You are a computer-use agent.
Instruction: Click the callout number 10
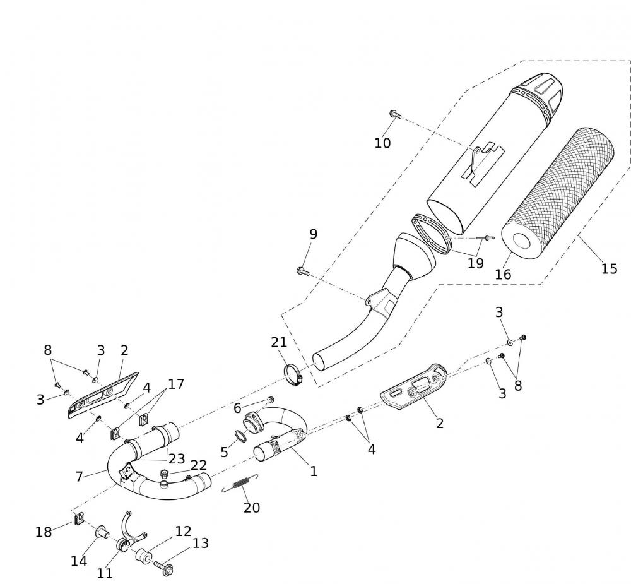coord(382,143)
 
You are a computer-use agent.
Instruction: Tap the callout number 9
coord(313,234)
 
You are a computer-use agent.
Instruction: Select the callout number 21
coord(279,342)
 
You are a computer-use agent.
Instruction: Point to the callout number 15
coord(609,269)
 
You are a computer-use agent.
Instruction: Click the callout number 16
coord(503,274)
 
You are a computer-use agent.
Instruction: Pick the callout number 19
coord(475,263)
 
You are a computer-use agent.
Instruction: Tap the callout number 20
coord(252,508)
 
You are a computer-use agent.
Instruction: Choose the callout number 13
coord(200,543)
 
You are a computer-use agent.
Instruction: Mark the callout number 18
coord(43,532)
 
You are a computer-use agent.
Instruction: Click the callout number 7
coord(79,477)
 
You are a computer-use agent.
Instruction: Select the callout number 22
coord(199,465)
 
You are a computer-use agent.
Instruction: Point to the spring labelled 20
coord(240,484)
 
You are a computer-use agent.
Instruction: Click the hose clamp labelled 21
coord(293,374)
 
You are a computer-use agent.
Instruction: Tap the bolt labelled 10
coord(394,114)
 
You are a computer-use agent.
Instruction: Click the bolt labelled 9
coord(301,271)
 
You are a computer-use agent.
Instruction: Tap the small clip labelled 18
coord(79,519)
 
